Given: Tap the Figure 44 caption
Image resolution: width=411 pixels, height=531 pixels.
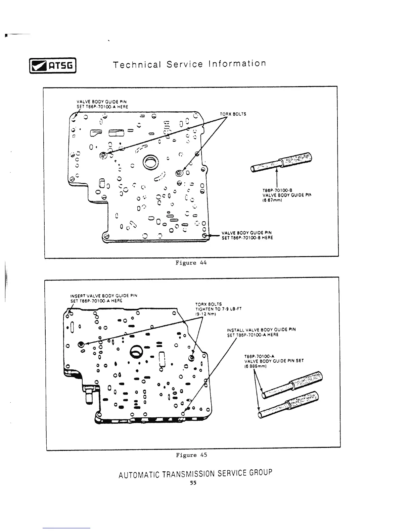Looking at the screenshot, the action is click(191, 263).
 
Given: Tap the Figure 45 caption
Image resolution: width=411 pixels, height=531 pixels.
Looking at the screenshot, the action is click(191, 455).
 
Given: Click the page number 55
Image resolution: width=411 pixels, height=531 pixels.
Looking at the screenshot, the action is click(193, 483).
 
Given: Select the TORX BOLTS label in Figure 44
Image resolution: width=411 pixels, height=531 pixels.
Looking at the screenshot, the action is click(233, 114).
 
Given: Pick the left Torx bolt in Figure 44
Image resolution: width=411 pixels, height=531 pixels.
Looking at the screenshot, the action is click(103, 155).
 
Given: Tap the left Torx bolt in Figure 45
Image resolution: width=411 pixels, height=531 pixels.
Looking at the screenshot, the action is click(81, 344).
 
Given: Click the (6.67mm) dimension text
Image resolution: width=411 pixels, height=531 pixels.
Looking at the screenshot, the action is click(271, 200).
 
